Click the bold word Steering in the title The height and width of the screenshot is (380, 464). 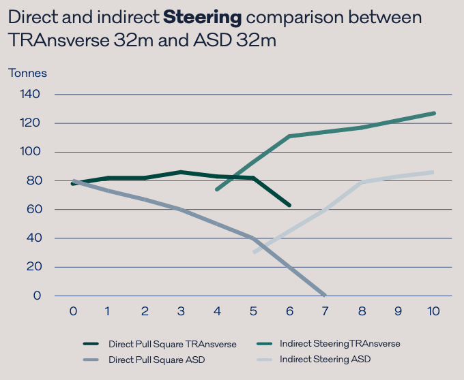(x=203, y=16)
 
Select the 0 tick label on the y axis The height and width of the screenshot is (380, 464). (x=37, y=296)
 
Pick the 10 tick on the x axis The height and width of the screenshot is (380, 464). (x=433, y=311)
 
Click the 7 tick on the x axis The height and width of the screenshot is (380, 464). (x=325, y=311)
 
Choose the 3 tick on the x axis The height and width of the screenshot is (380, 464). (x=181, y=311)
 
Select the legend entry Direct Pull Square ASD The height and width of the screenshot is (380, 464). (x=158, y=359)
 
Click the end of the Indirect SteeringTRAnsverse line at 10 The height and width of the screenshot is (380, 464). (x=434, y=113)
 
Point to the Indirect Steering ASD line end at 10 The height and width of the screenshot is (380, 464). (x=433, y=172)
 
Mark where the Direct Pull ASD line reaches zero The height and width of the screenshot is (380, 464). (x=325, y=296)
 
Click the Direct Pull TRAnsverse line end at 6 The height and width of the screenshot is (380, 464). (x=289, y=205)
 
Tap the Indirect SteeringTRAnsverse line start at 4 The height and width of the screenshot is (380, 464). (x=216, y=189)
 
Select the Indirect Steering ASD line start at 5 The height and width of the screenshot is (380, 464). (x=254, y=253)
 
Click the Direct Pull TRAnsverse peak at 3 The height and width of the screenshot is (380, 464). (x=181, y=172)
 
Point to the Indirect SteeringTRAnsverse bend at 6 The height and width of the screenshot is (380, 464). (x=289, y=136)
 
